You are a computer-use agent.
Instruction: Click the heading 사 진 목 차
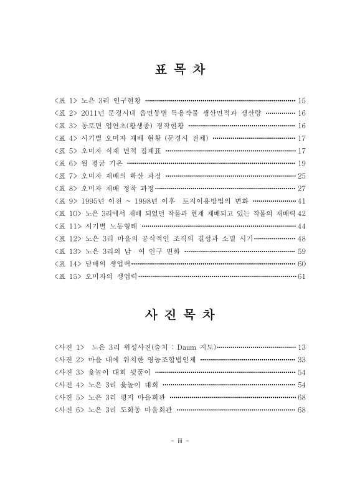coord(179,314)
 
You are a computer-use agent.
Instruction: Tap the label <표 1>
coord(65,100)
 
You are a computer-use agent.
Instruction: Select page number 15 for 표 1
coord(301,100)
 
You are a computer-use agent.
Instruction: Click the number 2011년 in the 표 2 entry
coord(94,113)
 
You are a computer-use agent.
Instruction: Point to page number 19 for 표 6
coord(301,163)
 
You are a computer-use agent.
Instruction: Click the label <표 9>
coord(65,201)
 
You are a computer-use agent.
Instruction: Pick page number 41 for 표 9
coord(301,201)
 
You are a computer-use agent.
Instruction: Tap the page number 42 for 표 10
coord(301,214)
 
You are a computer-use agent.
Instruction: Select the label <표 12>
coord(68,238)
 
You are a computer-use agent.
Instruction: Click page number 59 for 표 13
coord(301,251)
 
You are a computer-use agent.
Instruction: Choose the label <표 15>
coord(68,276)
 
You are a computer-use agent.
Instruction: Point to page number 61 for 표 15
coord(301,276)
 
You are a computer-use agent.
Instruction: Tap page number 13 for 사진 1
coord(301,346)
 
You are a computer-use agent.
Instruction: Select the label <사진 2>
coord(69,359)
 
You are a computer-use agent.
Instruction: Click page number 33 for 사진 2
coord(301,359)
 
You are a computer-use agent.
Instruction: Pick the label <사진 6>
coord(69,410)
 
